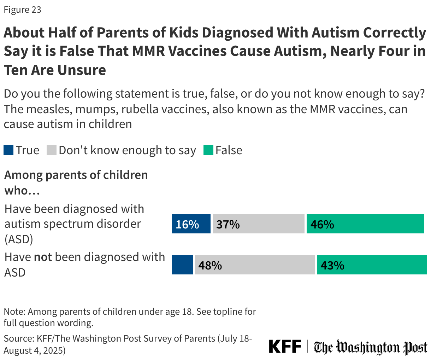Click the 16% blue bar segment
click(x=191, y=224)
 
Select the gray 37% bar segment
click(x=258, y=224)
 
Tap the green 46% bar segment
click(x=365, y=224)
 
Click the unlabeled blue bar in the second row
click(x=182, y=265)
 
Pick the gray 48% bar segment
click(x=255, y=265)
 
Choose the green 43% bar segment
click(x=372, y=265)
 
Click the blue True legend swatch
click(x=8, y=150)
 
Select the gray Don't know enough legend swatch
click(x=52, y=150)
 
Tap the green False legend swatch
click(x=208, y=150)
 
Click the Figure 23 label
click(x=23, y=10)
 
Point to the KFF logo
click(x=285, y=347)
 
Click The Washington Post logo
click(x=371, y=347)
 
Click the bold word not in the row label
click(x=43, y=257)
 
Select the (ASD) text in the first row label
click(x=19, y=239)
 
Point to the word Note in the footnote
click(x=14, y=312)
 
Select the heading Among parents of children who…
click(x=76, y=182)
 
